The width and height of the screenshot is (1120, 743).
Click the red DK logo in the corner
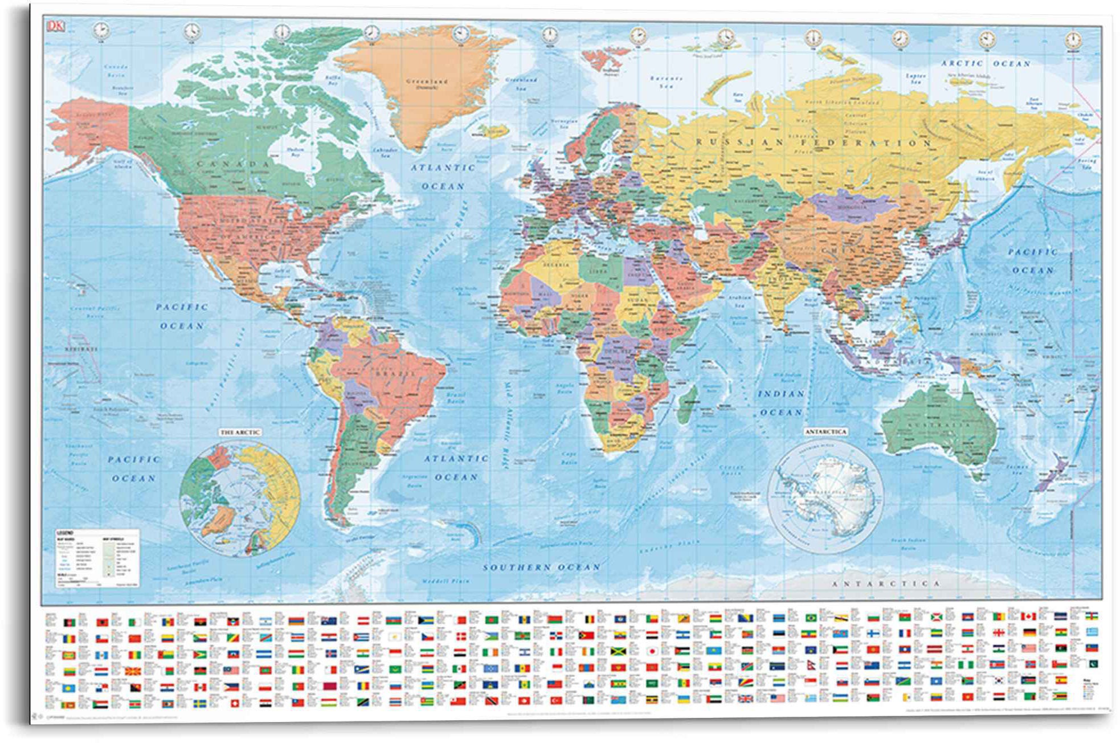coord(56,26)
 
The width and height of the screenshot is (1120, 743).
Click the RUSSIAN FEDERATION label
coord(814,142)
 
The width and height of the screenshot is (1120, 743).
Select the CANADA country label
coord(233,164)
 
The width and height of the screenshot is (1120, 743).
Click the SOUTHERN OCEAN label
coord(542,568)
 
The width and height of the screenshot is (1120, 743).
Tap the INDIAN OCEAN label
coord(781,403)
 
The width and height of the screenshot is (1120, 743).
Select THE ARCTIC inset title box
coord(240,432)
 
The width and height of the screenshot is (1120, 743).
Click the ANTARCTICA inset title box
coord(825,432)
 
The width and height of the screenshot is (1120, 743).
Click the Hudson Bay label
coord(295,152)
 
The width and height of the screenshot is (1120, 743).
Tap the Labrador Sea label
coord(385,152)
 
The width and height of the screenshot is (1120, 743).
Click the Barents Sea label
coord(667,82)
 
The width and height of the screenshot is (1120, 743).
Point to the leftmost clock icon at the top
coord(101,30)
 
